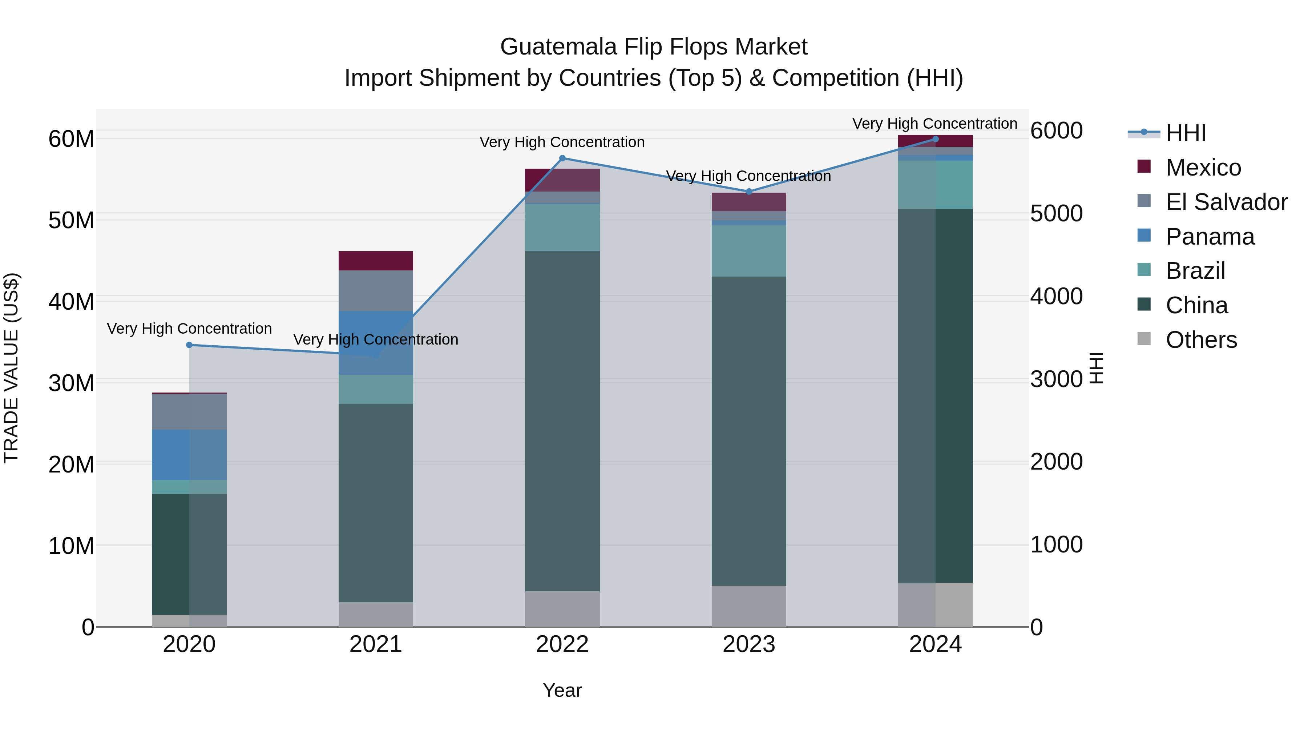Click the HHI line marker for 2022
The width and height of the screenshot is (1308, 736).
click(562, 158)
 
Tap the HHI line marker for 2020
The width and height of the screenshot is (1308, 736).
click(189, 345)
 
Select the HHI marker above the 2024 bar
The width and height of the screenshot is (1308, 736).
click(935, 139)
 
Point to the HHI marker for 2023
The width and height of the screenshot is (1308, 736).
click(749, 192)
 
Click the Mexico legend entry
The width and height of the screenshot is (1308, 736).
click(1203, 168)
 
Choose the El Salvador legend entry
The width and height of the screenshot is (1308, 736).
click(1226, 202)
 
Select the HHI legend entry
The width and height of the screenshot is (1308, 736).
click(1186, 133)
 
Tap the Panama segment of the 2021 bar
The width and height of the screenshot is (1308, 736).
click(376, 343)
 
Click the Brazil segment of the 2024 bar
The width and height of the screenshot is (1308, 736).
click(935, 185)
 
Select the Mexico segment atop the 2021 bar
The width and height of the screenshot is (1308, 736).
click(376, 261)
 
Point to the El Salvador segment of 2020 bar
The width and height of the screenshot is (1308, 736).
click(189, 411)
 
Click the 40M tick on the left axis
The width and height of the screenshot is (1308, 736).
click(71, 302)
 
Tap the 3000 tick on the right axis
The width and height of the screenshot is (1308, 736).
click(1057, 379)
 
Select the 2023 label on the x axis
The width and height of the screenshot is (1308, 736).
click(749, 644)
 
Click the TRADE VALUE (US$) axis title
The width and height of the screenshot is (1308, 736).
click(11, 368)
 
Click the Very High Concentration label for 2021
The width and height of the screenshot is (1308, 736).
click(376, 339)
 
